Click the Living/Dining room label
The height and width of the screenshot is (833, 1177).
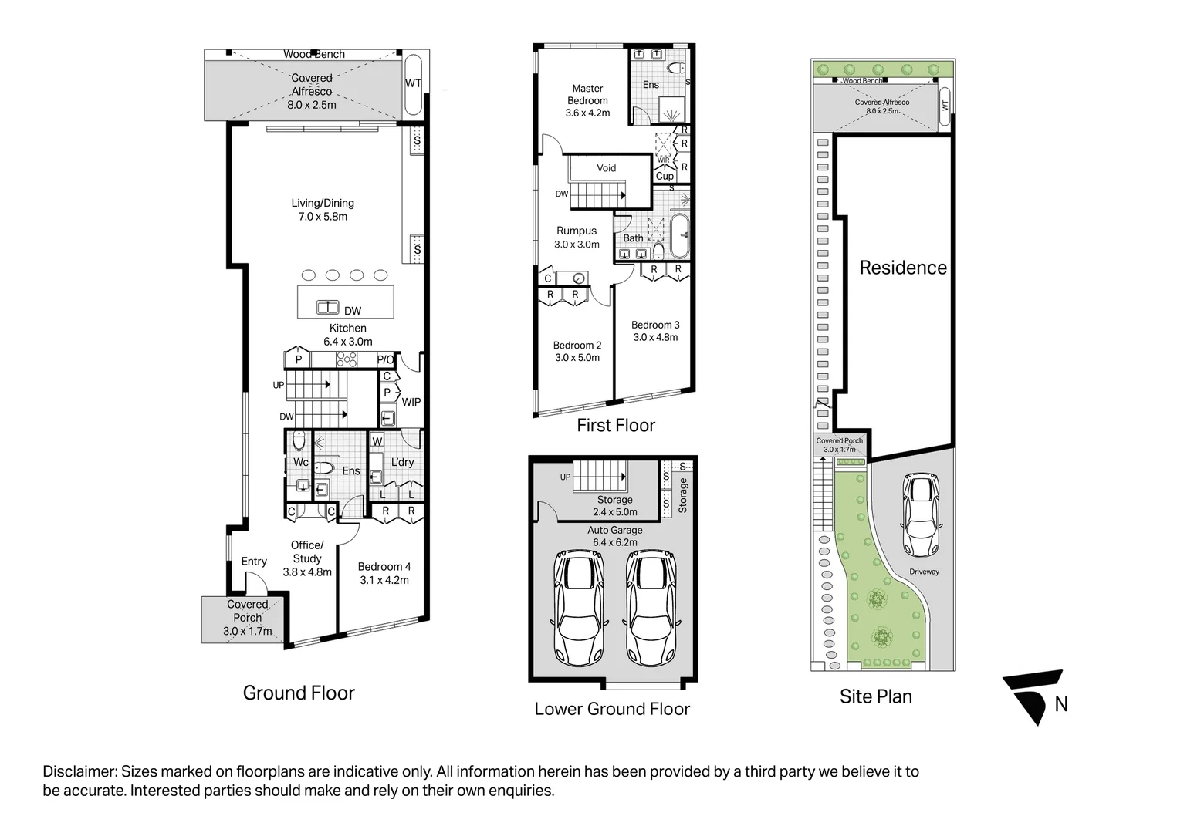tap(323, 204)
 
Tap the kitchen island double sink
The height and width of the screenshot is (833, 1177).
tap(327, 307)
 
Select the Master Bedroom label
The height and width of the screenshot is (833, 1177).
tap(587, 95)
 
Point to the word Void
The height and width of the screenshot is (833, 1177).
tap(607, 168)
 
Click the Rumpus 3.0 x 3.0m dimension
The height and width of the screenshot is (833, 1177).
tap(577, 245)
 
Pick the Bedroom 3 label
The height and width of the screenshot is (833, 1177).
tap(655, 325)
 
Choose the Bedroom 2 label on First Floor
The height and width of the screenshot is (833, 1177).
tap(577, 346)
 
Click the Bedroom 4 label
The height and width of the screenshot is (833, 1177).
tap(384, 567)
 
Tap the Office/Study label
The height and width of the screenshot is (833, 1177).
tap(307, 552)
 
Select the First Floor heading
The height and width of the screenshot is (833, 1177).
tap(616, 425)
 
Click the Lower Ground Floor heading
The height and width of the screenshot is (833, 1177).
tap(612, 709)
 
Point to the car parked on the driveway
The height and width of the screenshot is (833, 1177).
tap(921, 514)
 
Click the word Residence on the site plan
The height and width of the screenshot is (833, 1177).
tap(903, 268)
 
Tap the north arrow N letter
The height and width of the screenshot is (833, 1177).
tap(1061, 704)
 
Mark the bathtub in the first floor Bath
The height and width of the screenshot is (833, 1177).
tap(679, 236)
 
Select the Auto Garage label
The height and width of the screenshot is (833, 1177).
tap(615, 531)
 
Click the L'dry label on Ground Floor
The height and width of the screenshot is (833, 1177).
tap(402, 462)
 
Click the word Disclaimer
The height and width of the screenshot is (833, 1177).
tap(79, 771)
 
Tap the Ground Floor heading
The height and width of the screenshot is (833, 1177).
tap(299, 693)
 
